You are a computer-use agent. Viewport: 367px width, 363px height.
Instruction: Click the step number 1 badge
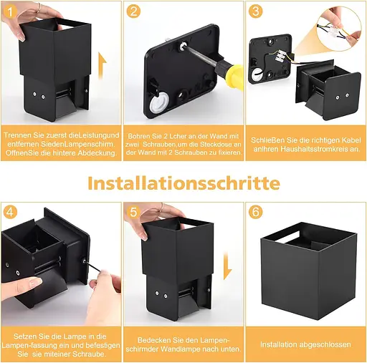(10, 11)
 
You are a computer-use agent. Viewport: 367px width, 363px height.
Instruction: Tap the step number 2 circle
(133, 11)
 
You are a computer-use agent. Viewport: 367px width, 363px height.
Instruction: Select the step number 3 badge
(256, 11)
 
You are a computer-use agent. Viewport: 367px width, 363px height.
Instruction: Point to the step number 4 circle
(10, 212)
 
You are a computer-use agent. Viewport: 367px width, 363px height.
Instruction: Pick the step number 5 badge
(133, 212)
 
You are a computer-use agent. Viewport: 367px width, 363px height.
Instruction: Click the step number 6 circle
(256, 212)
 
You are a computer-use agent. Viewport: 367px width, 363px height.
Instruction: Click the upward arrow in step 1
(103, 66)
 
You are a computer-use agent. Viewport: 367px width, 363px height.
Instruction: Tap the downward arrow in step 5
(228, 266)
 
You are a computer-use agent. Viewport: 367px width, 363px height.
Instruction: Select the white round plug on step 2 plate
(158, 101)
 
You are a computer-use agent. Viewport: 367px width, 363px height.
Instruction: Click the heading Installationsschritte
(183, 183)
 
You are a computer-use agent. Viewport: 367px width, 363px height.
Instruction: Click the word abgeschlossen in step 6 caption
(325, 345)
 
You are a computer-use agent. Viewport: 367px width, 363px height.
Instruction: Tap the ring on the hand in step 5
(163, 207)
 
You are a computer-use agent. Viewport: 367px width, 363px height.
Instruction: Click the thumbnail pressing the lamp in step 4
(34, 284)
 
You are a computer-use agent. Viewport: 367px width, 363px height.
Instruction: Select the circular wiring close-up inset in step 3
(340, 29)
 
